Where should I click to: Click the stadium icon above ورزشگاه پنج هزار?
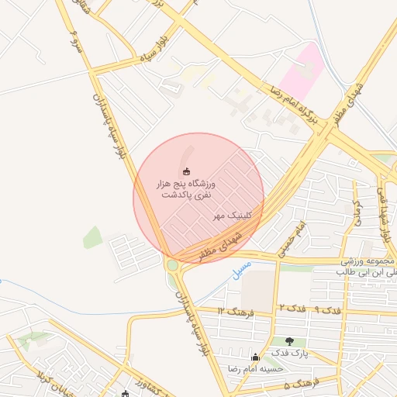tap(185, 171)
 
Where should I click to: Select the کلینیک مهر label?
tap(230, 214)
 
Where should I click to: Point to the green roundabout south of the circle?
tap(172, 265)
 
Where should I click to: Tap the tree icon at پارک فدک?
tap(289, 341)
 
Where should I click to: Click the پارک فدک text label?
tap(294, 354)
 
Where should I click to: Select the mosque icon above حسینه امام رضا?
tap(255, 357)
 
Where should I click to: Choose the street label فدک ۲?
tap(288, 309)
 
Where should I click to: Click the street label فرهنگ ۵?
tap(296, 384)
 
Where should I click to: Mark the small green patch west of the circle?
tap(93, 237)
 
